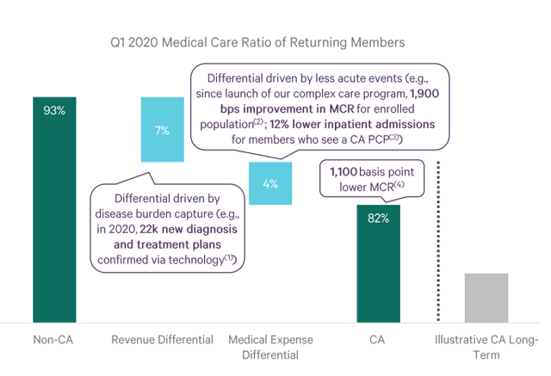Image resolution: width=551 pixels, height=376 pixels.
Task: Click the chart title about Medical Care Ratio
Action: click(257, 42)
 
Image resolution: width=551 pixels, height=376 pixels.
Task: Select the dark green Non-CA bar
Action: click(54, 210)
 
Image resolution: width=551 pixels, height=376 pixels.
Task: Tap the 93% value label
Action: click(54, 111)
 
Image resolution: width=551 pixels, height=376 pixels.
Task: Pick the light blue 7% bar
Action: click(163, 129)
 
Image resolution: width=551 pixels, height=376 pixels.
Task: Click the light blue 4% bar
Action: click(270, 183)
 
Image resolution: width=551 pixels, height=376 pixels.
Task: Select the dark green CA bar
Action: click(379, 263)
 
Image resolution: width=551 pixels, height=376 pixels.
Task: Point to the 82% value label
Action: click(379, 219)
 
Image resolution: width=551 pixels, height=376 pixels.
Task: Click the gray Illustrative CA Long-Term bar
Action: click(486, 298)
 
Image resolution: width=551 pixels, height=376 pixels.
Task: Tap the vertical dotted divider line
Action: click(438, 241)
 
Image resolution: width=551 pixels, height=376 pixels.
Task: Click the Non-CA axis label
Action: click(53, 340)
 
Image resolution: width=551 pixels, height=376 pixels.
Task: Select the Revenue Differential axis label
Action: click(163, 340)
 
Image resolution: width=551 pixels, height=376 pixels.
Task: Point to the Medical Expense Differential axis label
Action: click(270, 347)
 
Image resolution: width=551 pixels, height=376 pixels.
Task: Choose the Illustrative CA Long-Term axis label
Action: click(486, 347)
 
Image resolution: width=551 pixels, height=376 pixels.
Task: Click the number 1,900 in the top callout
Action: click(424, 94)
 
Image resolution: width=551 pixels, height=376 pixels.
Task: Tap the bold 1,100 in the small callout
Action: click(344, 172)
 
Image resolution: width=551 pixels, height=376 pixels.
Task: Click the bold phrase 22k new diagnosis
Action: click(189, 229)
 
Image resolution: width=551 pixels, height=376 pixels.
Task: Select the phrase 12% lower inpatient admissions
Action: click(352, 124)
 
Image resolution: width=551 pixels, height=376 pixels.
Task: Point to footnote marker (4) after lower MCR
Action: click(399, 183)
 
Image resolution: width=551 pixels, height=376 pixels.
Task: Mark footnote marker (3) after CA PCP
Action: click(394, 137)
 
